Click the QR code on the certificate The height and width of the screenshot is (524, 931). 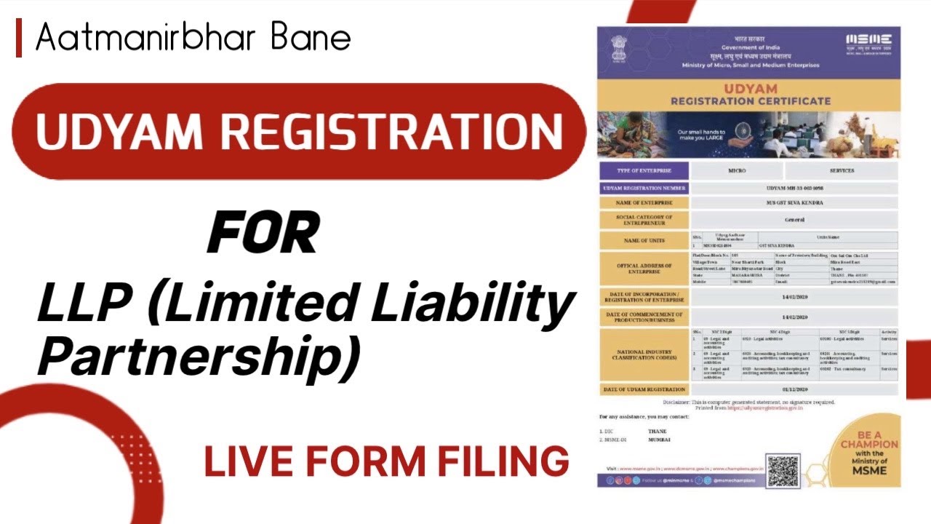pyautogui.click(x=783, y=471)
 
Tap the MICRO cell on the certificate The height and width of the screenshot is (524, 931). pyautogui.click(x=737, y=171)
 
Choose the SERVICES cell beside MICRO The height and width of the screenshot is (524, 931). pyautogui.click(x=842, y=171)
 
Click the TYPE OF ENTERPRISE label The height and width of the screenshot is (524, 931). pyautogui.click(x=643, y=171)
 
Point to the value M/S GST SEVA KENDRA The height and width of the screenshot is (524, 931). pyautogui.click(x=795, y=202)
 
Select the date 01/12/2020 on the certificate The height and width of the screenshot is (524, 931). pyautogui.click(x=795, y=390)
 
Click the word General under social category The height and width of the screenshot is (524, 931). pyautogui.click(x=795, y=219)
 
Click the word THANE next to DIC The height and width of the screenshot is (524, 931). pyautogui.click(x=658, y=432)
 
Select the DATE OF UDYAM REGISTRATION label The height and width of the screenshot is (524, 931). pyautogui.click(x=643, y=390)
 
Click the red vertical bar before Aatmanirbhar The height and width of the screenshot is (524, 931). pyautogui.click(x=19, y=38)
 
